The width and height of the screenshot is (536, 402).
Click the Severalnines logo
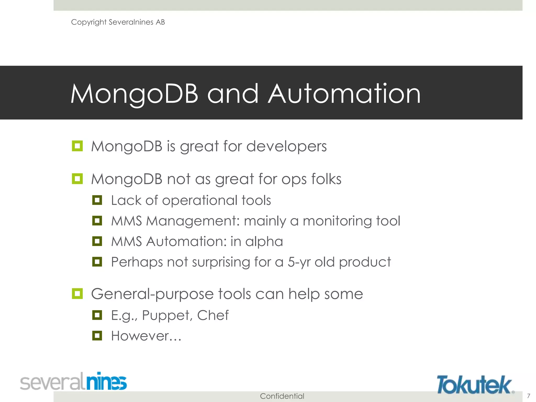(73, 381)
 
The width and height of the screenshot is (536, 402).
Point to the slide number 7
(528, 396)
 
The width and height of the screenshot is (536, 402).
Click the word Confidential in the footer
(282, 396)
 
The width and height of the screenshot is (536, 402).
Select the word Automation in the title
(344, 94)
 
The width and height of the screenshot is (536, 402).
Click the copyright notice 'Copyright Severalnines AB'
(118, 22)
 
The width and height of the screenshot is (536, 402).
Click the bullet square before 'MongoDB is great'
(77, 146)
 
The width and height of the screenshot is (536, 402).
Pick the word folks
(326, 179)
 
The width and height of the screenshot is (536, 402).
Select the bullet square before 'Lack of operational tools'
(97, 200)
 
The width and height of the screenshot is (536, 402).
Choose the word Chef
(213, 315)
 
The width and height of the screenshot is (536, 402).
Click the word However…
(146, 336)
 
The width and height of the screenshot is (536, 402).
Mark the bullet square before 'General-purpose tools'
(77, 294)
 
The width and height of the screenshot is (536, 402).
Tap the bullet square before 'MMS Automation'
(97, 241)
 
